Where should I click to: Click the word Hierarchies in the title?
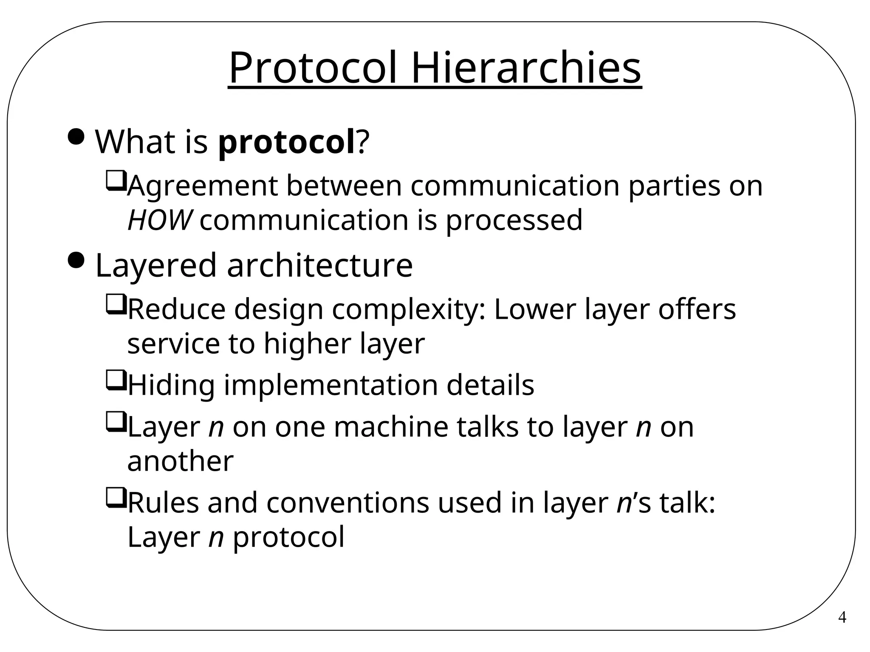coord(526,68)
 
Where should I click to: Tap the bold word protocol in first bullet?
coord(286,142)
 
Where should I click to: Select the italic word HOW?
coord(159,220)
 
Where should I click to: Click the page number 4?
coord(842,617)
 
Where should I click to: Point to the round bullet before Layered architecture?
coord(76,260)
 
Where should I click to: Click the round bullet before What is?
coord(76,137)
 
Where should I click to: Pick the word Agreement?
coord(202,187)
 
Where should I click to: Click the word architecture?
coord(319,265)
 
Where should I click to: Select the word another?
coord(180,461)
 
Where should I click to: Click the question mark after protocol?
coord(362,142)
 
